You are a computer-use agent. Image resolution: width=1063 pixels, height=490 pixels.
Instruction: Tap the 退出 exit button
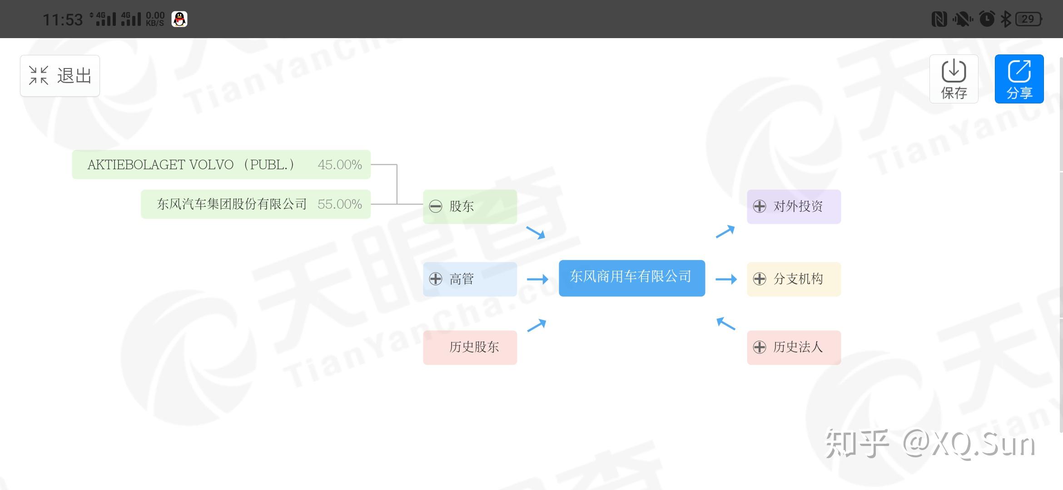click(60, 76)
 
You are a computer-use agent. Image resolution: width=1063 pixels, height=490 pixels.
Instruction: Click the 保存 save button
click(954, 79)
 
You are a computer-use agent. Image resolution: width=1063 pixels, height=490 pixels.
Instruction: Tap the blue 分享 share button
click(1019, 79)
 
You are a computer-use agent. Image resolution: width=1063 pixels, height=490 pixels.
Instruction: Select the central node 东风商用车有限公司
click(631, 278)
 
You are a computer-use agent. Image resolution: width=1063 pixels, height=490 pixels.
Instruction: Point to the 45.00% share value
click(340, 164)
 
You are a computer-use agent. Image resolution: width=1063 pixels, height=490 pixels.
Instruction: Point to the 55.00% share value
click(340, 204)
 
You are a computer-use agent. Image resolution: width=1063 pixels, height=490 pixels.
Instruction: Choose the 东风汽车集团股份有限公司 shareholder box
click(232, 204)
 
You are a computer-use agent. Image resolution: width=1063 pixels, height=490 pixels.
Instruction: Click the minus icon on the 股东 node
click(436, 206)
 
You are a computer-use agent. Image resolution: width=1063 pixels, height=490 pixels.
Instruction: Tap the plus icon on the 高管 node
click(436, 279)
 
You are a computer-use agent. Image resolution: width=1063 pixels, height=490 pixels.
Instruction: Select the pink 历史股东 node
click(470, 347)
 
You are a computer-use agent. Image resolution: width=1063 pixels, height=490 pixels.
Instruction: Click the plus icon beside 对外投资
click(760, 206)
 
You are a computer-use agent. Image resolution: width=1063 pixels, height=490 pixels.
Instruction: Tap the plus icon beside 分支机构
click(760, 279)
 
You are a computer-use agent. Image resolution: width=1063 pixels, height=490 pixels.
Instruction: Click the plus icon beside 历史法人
click(760, 347)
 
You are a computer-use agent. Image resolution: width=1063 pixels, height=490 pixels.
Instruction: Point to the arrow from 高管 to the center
click(537, 279)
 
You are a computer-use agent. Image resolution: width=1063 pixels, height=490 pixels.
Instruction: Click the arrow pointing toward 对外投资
click(725, 231)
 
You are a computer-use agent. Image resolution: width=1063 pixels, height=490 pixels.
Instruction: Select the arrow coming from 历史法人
click(725, 323)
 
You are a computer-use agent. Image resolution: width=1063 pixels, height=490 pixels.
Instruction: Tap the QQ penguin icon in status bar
click(179, 19)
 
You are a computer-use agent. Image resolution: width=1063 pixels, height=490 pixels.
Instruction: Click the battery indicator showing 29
click(1029, 19)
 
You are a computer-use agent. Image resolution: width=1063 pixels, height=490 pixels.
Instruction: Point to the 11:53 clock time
click(63, 20)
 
